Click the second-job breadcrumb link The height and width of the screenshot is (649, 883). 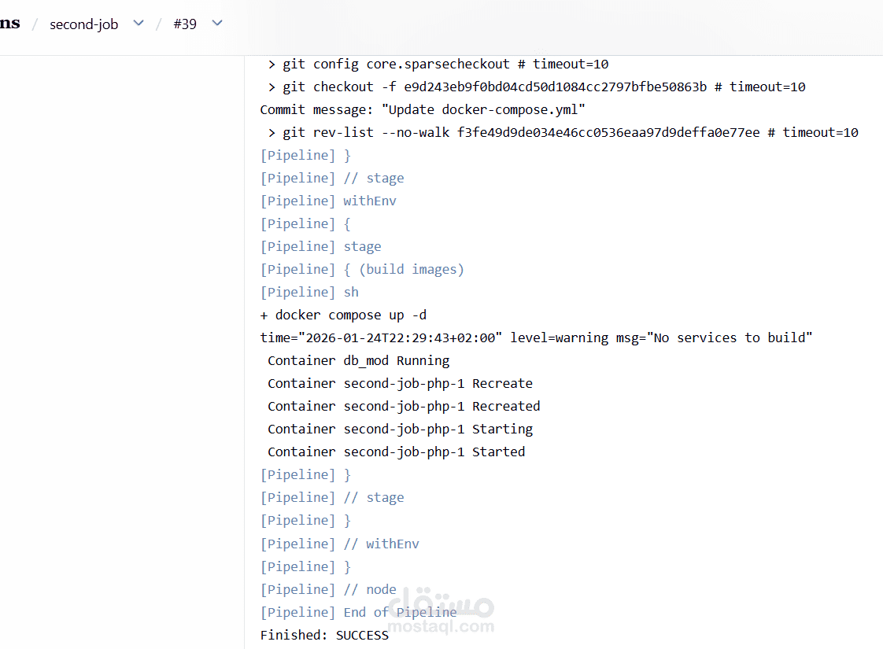(x=83, y=24)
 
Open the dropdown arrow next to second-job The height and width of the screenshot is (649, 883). (x=139, y=24)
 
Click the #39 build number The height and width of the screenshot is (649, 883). (x=184, y=24)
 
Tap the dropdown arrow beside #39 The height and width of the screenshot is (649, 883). (x=217, y=24)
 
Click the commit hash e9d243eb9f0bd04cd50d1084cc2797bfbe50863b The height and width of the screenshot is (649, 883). (x=555, y=87)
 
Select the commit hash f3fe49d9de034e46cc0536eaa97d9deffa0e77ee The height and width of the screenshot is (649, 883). (x=608, y=132)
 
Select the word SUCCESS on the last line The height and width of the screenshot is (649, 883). (x=362, y=635)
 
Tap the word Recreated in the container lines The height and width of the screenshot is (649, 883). (x=506, y=406)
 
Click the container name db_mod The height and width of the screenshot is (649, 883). (x=366, y=360)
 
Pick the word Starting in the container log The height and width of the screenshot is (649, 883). (x=502, y=429)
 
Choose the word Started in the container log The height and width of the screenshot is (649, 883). (x=498, y=452)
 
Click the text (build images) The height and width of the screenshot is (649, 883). (x=412, y=269)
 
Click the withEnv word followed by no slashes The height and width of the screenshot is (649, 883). (x=370, y=201)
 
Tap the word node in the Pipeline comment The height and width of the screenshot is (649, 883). (x=381, y=589)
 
